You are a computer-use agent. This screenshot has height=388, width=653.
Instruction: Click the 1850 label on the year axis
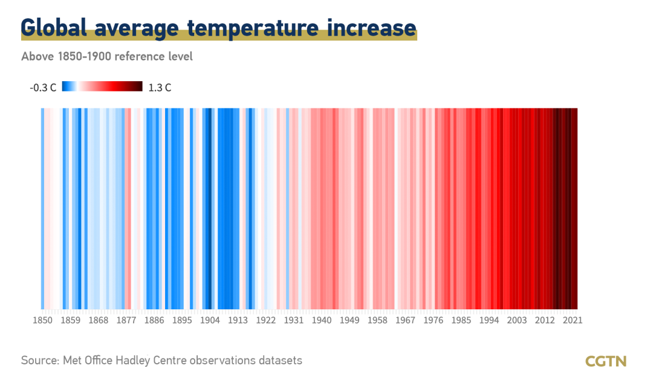(x=43, y=320)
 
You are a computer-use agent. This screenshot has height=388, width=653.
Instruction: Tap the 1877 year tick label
(x=126, y=320)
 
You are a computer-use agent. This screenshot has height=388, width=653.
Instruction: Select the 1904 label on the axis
(x=210, y=320)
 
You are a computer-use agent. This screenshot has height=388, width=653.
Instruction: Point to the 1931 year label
(x=294, y=320)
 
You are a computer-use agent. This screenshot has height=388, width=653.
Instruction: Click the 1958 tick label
(x=377, y=320)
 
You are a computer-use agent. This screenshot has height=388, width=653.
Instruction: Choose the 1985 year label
(x=461, y=320)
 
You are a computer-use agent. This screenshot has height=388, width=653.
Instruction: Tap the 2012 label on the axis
(x=545, y=320)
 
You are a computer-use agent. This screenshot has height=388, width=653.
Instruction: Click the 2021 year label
(x=573, y=320)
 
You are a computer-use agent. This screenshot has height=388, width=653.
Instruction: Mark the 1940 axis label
(x=322, y=320)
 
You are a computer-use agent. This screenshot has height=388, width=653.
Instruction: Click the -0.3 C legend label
(x=43, y=88)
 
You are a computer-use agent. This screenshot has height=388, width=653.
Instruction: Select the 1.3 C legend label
(x=160, y=88)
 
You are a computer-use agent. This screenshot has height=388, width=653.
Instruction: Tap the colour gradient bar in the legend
(x=102, y=87)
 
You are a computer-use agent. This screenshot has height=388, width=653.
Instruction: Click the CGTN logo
(x=606, y=361)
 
